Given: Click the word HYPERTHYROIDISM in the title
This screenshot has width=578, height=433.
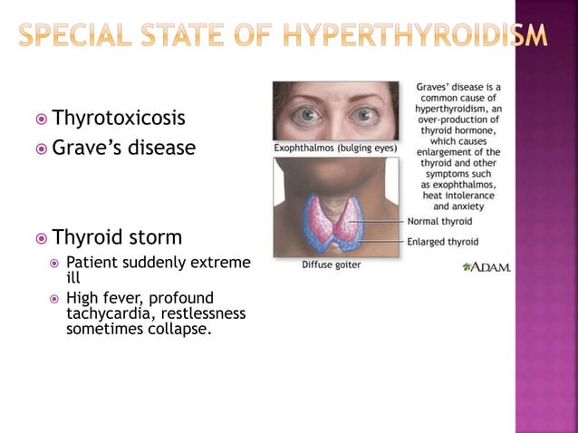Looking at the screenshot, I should [415, 35].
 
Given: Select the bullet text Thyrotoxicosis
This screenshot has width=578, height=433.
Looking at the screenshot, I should [119, 118].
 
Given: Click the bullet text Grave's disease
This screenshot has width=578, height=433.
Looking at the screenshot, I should [123, 147].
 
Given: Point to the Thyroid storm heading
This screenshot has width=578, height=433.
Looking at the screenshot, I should [117, 237].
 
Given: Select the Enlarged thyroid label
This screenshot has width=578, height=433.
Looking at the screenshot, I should [443, 242].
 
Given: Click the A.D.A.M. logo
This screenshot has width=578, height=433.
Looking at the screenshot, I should [486, 267].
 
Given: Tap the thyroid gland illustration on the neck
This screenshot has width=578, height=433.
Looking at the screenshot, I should [335, 223].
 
